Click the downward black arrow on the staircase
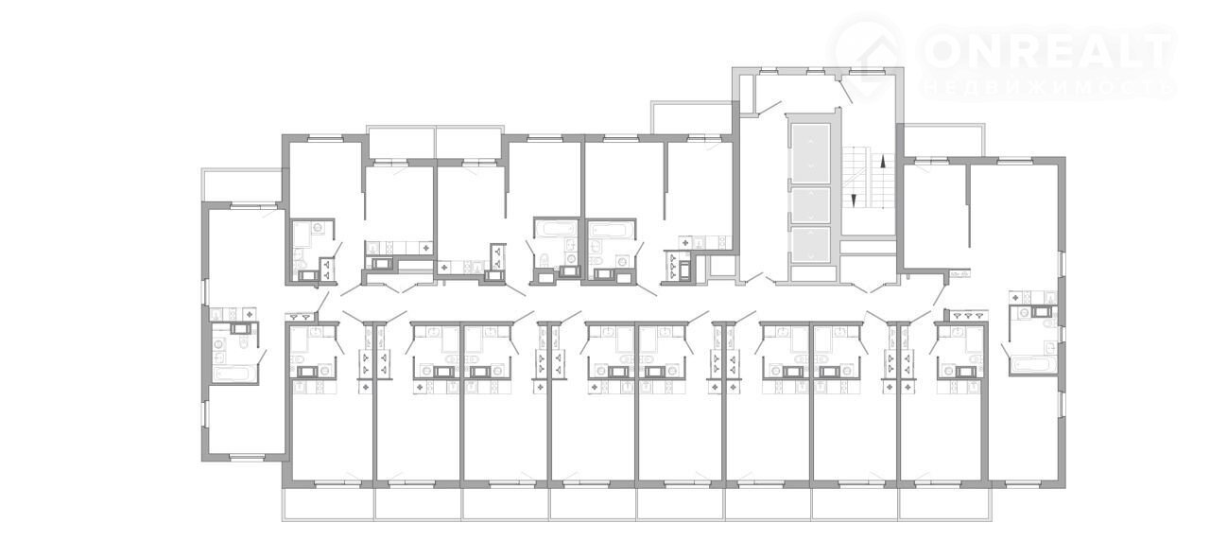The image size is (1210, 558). (x=854, y=201)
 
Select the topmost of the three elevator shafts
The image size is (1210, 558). (x=811, y=153)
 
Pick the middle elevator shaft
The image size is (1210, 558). (x=811, y=205)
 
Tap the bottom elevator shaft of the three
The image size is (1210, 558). (x=811, y=244)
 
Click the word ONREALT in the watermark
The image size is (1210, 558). (x=1048, y=51)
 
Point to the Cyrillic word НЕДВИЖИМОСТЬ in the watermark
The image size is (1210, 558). (x=1048, y=88)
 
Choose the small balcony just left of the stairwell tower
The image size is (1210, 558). (x=692, y=117)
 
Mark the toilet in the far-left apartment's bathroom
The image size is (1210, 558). (x=244, y=344)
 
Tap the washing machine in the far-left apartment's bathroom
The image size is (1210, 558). (x=218, y=343)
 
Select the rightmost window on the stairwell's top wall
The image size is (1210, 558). (x=864, y=71)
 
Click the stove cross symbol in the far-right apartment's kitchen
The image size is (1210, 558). (x=1016, y=297)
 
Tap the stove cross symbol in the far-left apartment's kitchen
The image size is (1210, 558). (x=249, y=314)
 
